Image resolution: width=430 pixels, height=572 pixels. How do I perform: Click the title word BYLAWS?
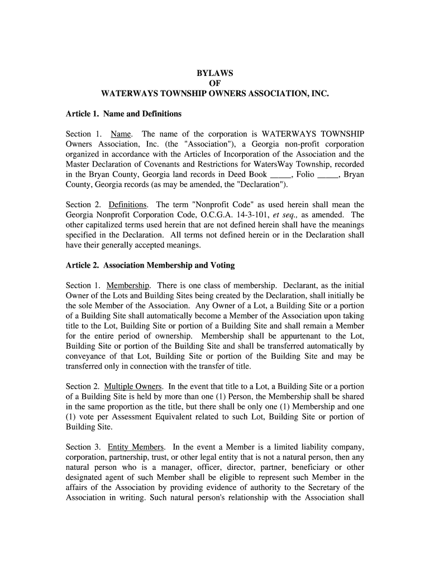(215, 73)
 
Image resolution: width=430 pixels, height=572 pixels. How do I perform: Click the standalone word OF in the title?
(215, 83)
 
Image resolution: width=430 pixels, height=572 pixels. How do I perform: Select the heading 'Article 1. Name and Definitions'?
(123, 114)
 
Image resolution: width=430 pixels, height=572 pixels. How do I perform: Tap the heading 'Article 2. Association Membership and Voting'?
(150, 265)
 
